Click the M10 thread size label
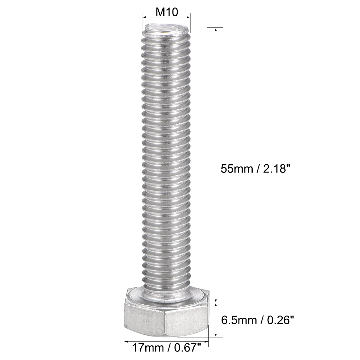point(166,12)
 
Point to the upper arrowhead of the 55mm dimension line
point(216,30)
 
